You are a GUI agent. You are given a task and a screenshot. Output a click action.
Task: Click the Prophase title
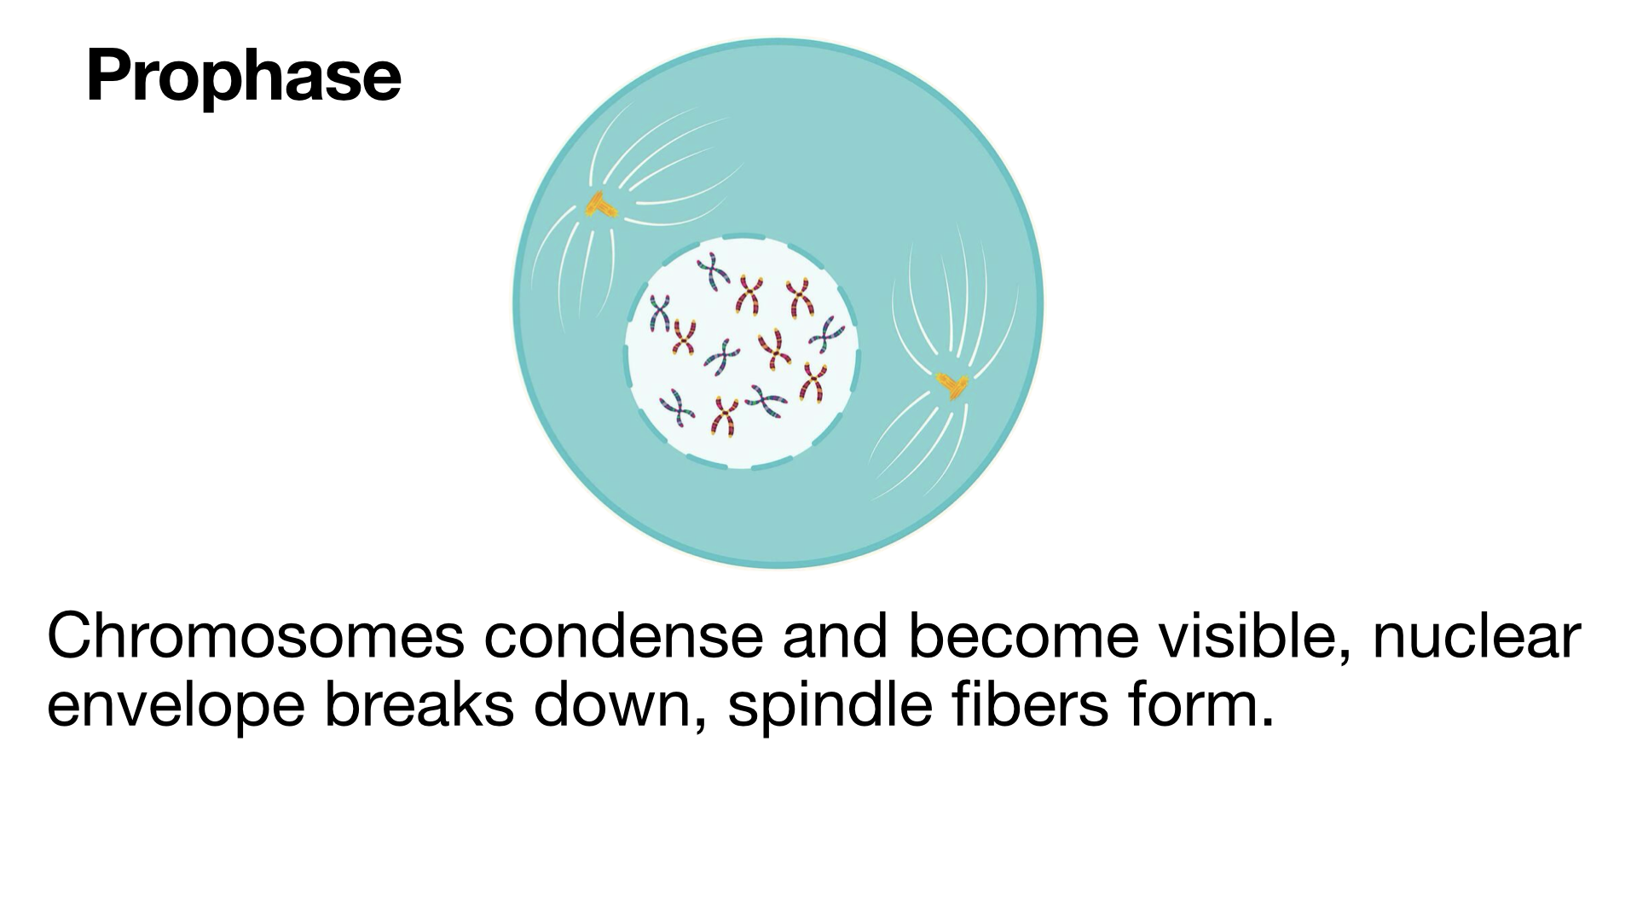coord(244,77)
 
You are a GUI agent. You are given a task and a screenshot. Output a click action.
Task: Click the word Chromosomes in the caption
coord(256,636)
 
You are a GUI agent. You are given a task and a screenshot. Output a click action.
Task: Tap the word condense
coord(623,636)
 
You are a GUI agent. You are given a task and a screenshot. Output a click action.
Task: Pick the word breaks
coord(419,706)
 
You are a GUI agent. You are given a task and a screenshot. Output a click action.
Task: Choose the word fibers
coord(1030,706)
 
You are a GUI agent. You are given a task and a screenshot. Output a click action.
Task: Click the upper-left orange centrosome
coord(601,206)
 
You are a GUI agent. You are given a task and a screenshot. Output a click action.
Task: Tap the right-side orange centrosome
coord(952,385)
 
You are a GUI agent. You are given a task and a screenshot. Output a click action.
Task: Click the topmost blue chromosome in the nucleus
coord(712,271)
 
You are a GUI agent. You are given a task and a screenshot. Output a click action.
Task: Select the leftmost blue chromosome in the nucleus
coord(659,312)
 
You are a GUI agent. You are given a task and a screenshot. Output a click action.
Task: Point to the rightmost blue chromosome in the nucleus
coord(827,334)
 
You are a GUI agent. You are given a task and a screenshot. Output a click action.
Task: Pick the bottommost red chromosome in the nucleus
coord(724,416)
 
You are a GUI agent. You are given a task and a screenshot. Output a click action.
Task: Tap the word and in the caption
coord(836,636)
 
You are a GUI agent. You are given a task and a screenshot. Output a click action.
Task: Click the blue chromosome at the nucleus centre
coord(722,356)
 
